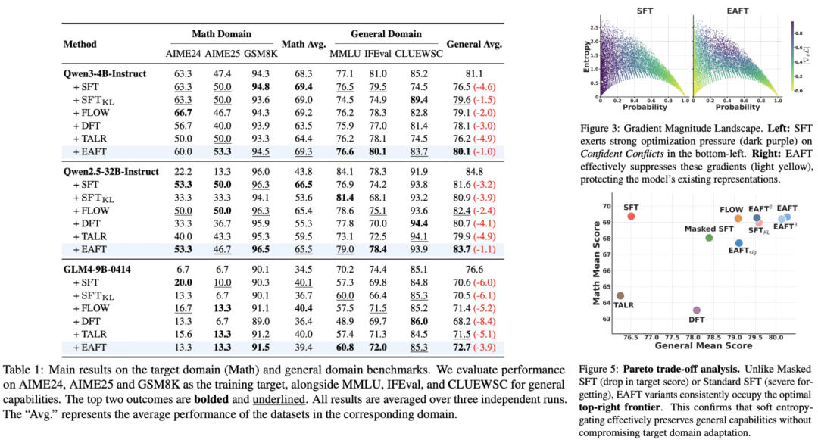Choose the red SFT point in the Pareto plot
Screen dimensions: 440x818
(x=631, y=217)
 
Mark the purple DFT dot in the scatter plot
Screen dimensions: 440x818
(x=697, y=310)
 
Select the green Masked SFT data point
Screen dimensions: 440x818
(x=709, y=238)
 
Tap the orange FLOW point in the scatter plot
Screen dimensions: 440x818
(x=738, y=219)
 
